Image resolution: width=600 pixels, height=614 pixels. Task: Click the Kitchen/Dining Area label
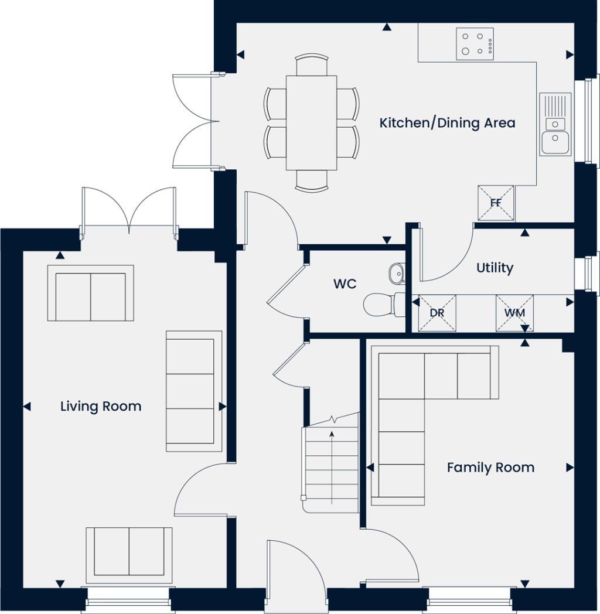pyautogui.click(x=447, y=123)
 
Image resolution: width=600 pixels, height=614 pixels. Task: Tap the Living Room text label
pyautogui.click(x=101, y=406)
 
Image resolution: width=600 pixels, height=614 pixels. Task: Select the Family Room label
pyautogui.click(x=490, y=468)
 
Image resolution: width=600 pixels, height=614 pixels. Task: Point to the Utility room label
pyautogui.click(x=495, y=268)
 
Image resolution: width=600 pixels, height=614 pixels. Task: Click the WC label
pyautogui.click(x=345, y=284)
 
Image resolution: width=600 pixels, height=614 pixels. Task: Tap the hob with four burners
pyautogui.click(x=475, y=43)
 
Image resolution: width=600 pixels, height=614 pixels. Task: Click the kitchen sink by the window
pyautogui.click(x=555, y=124)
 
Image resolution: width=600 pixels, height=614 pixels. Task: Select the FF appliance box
pyautogui.click(x=496, y=203)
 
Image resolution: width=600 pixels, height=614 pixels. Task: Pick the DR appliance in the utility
pyautogui.click(x=437, y=313)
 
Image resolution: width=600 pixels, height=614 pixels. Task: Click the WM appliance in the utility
pyautogui.click(x=514, y=313)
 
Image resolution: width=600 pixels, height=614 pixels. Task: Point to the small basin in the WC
pyautogui.click(x=397, y=273)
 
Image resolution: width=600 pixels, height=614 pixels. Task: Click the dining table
pyautogui.click(x=311, y=122)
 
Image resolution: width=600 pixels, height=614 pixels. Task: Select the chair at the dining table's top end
pyautogui.click(x=311, y=64)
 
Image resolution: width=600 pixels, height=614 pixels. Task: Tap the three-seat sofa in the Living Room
pyautogui.click(x=194, y=391)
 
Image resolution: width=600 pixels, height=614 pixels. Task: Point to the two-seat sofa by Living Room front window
pyautogui.click(x=129, y=552)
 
